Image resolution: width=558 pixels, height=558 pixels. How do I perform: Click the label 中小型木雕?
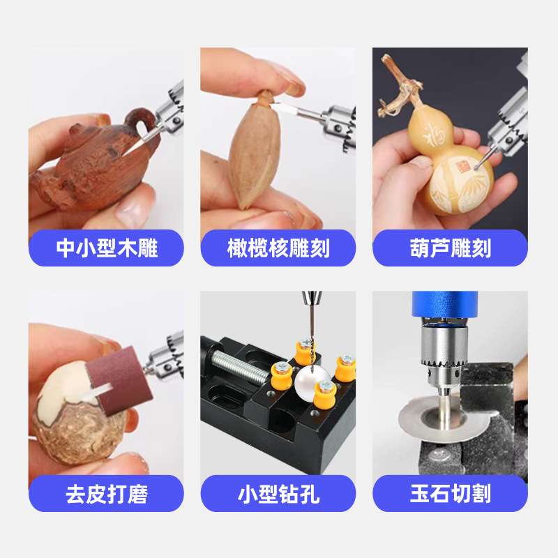[106, 248]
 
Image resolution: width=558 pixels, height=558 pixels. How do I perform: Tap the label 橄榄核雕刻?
[278, 248]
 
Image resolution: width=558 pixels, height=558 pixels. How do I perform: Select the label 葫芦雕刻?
[450, 248]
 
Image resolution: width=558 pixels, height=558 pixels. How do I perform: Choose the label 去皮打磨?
[106, 494]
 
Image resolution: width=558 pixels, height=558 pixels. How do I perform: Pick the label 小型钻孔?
[278, 494]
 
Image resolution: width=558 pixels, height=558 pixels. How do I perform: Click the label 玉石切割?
[450, 494]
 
